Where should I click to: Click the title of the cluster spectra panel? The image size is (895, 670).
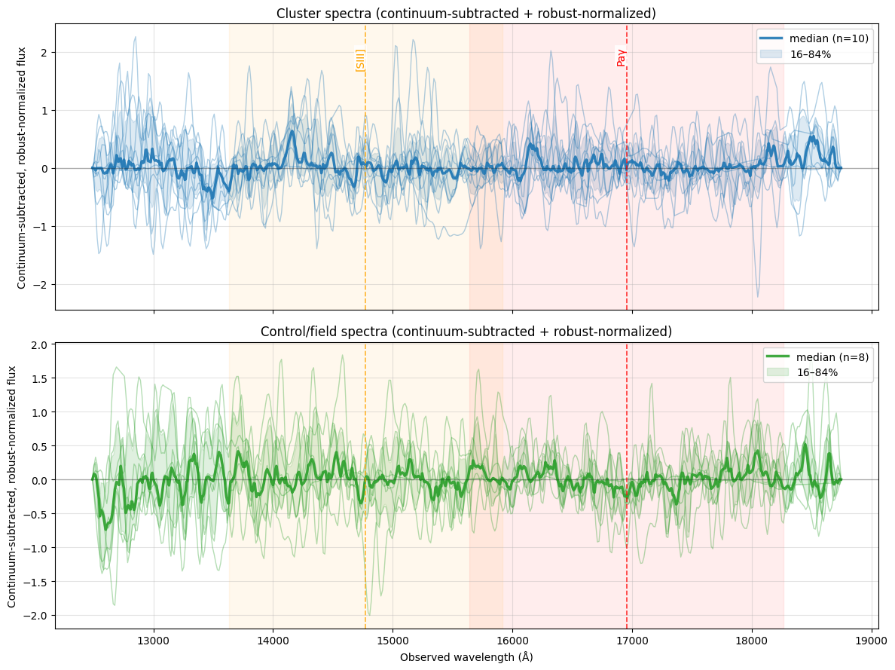tap(466, 14)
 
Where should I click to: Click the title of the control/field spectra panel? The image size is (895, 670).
tap(466, 332)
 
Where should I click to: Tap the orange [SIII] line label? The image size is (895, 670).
tap(360, 60)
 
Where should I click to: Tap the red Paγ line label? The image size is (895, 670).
tap(622, 57)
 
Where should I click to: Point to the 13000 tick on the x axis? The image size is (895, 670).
tap(154, 640)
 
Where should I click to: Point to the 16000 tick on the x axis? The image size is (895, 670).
tap(512, 640)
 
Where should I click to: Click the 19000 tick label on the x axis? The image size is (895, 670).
tap(872, 640)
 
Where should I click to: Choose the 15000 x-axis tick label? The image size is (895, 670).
tap(393, 640)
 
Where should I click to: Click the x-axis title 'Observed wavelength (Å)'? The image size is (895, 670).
tap(466, 657)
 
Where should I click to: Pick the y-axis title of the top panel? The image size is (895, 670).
tap(21, 167)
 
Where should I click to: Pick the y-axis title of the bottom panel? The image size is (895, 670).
tap(13, 486)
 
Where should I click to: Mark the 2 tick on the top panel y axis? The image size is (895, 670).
tap(44, 52)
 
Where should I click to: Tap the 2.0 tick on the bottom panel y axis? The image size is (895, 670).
tap(38, 345)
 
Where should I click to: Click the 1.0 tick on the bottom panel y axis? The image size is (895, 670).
tap(38, 412)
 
